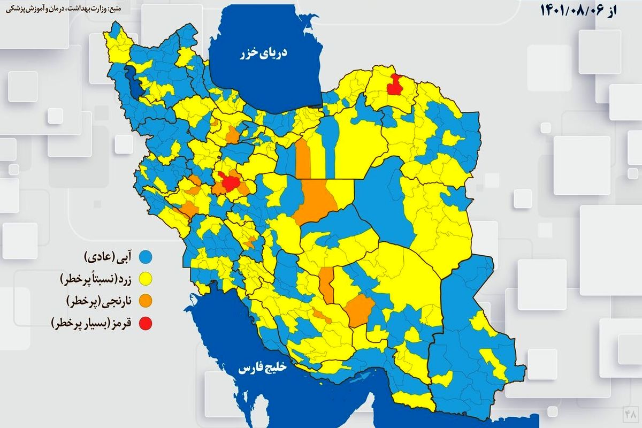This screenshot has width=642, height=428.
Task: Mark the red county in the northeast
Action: [396, 85]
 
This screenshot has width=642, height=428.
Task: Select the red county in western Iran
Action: [231, 182]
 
